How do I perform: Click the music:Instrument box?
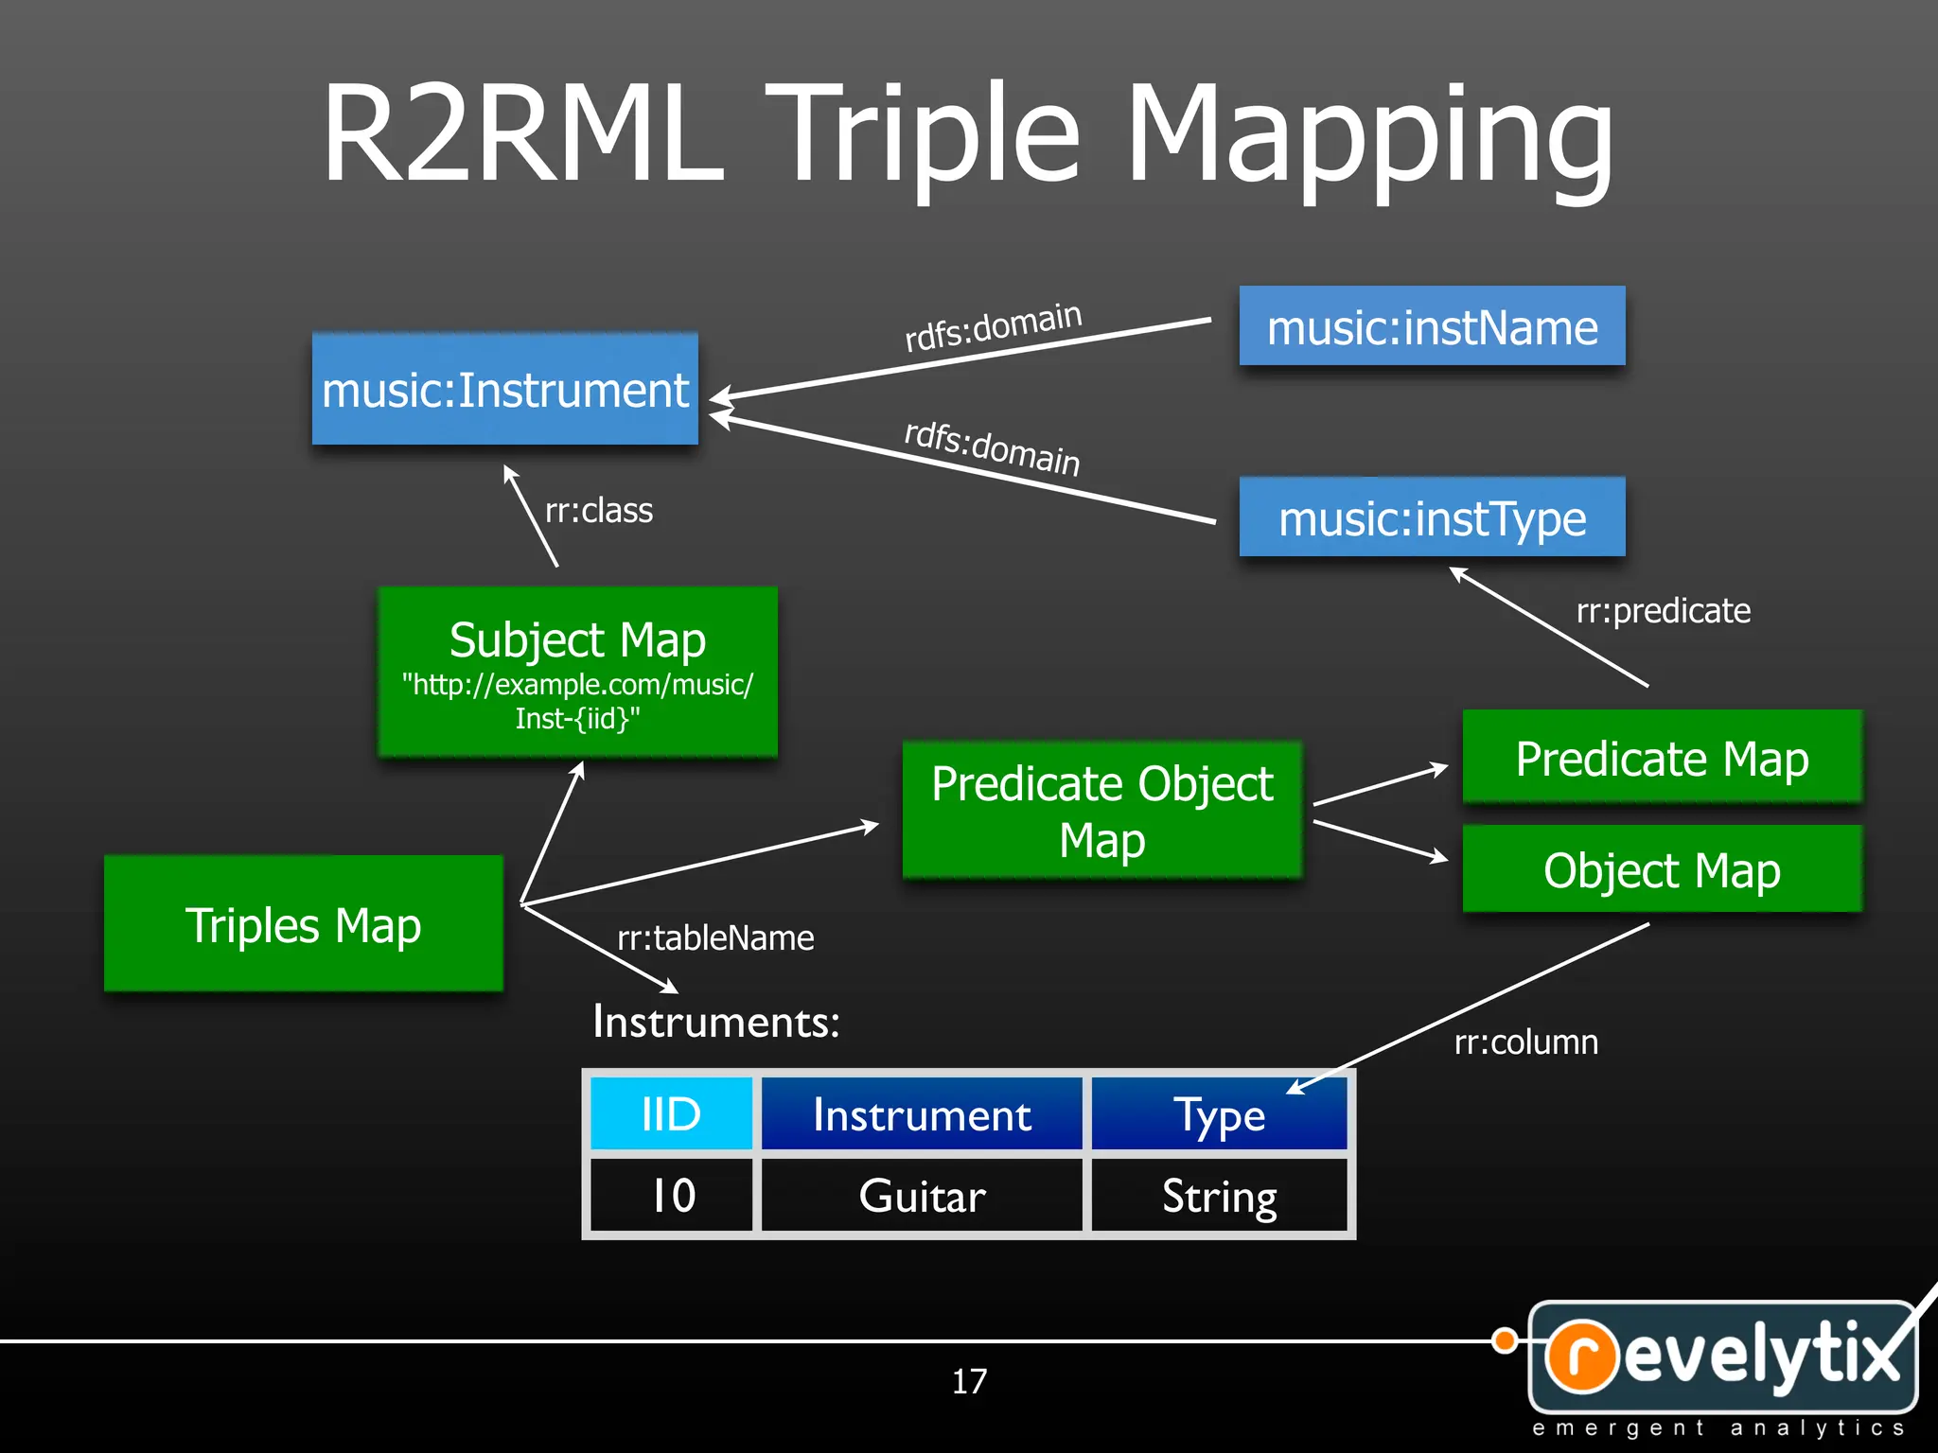pos(504,389)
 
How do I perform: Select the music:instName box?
pos(1432,326)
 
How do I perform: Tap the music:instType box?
pos(1432,517)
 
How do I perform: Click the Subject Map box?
pos(577,672)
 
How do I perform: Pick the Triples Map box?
pos(303,924)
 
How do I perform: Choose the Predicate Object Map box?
pos(1101,811)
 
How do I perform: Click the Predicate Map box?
pos(1662,758)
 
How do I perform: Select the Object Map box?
pos(1662,869)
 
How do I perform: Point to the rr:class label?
pos(598,511)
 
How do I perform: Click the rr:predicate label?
pos(1663,611)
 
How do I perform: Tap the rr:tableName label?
pos(715,938)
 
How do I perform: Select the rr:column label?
pos(1525,1042)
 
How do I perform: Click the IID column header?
pos(671,1113)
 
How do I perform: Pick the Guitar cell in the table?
pos(922,1196)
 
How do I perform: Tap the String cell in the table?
pos(1219,1196)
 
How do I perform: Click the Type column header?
pos(1219,1114)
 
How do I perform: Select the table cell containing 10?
pos(672,1196)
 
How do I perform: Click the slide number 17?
pos(969,1382)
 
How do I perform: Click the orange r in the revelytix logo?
pos(1581,1356)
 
